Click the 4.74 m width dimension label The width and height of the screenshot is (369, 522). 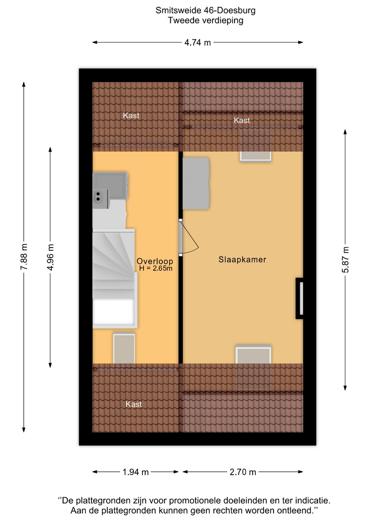pos(197,43)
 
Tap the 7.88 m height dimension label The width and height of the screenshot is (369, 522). pos(24,257)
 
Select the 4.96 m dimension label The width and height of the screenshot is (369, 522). pos(50,257)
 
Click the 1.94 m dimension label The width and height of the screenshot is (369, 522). pos(136,472)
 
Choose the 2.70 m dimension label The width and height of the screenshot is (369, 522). pos(243,472)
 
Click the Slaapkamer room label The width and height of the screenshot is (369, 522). pos(242,260)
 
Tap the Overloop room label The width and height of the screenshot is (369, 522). pos(155,261)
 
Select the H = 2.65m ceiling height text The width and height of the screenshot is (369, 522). pos(156,268)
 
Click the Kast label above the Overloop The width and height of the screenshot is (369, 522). pos(131,116)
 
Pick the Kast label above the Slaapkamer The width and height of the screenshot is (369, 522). pos(242,120)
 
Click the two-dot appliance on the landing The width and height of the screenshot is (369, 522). pos(100,199)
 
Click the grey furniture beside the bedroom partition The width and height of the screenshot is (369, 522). pos(196,184)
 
